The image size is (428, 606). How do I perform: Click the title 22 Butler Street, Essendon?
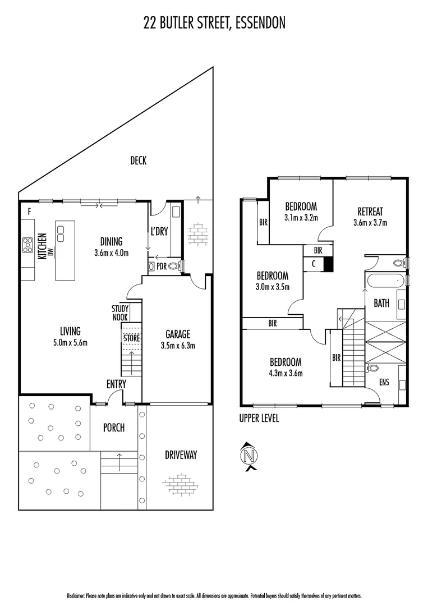(x=214, y=22)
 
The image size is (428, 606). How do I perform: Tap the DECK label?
(x=138, y=161)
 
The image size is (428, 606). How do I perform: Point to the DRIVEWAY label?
(x=181, y=455)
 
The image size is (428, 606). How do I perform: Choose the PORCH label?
(x=113, y=428)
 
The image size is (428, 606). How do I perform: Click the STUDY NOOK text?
(x=120, y=313)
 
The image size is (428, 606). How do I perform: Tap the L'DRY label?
(x=160, y=231)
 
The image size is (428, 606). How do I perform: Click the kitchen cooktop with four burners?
(x=27, y=245)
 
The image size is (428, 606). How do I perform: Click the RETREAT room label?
(x=370, y=212)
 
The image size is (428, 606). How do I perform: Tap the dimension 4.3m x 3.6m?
(x=286, y=373)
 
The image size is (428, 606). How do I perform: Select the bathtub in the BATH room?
(x=385, y=279)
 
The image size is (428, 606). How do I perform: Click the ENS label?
(x=384, y=383)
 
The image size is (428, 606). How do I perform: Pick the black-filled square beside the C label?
(x=328, y=264)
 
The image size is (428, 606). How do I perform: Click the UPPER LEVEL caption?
(x=259, y=418)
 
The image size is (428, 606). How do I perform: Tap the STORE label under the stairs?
(x=131, y=338)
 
